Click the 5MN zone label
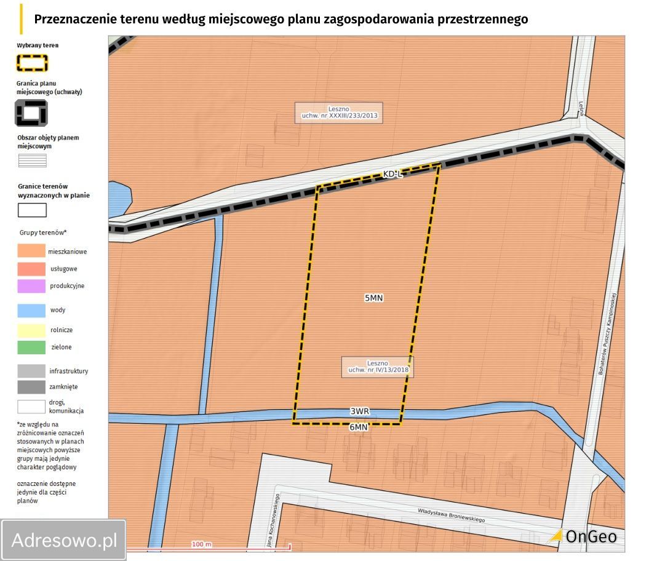click(374, 298)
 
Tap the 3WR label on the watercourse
click(360, 412)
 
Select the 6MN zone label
click(358, 427)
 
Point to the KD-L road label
click(392, 175)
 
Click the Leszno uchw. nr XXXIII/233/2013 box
click(338, 113)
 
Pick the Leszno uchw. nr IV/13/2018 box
click(378, 367)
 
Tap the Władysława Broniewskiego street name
click(451, 515)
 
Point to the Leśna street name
click(580, 108)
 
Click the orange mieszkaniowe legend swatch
click(31, 252)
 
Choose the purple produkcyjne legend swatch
click(31, 286)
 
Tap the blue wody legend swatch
click(31, 311)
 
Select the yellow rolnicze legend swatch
click(31, 330)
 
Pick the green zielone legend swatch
click(31, 348)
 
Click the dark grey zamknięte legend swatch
click(31, 387)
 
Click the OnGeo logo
click(583, 536)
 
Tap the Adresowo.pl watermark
click(64, 540)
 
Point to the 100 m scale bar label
click(201, 544)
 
